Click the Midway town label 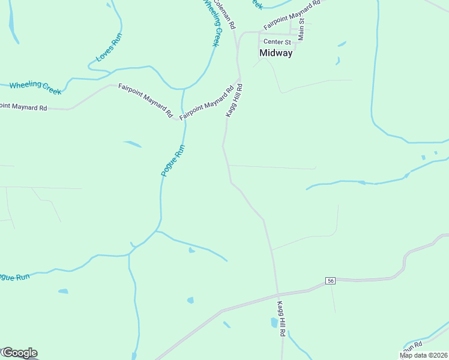coord(276,53)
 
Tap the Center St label coord(277,42)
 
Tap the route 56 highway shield coord(330,281)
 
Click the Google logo coord(19,353)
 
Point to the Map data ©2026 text coord(423,355)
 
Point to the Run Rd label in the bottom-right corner coord(413,347)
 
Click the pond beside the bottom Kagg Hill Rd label coord(274,323)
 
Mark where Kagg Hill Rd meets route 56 coord(278,294)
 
